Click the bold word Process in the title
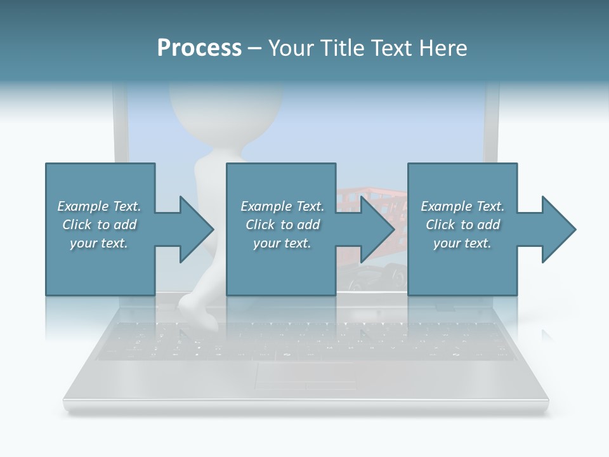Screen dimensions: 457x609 199,48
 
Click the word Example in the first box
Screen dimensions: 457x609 82,206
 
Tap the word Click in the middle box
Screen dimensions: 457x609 260,225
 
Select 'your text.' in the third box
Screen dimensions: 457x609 462,243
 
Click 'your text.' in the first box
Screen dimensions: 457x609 98,243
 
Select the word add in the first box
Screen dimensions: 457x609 125,225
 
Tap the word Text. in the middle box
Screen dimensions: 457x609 309,206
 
